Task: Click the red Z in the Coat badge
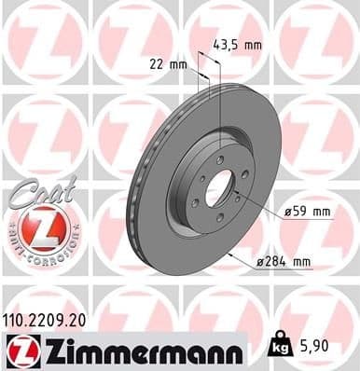(x=40, y=228)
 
